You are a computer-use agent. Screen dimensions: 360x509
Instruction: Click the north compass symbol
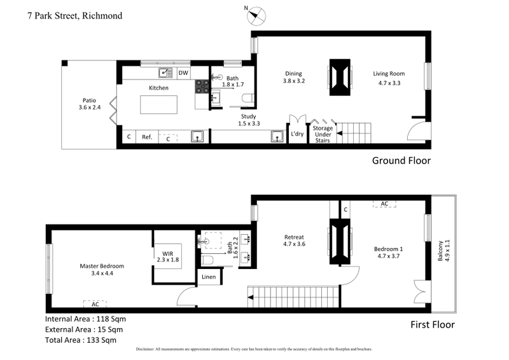(x=255, y=15)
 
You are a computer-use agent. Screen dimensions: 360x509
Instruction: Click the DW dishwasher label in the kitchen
(x=183, y=73)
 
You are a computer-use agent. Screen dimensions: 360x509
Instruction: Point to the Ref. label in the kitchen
(x=146, y=137)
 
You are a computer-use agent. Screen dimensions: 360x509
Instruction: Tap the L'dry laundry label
(x=297, y=134)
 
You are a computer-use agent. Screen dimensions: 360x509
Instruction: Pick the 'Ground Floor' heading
(x=401, y=161)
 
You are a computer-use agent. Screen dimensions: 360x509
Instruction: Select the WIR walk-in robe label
(x=168, y=256)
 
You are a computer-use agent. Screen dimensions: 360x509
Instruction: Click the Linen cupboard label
(x=209, y=277)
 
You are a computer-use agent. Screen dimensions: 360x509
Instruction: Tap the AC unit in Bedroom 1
(x=384, y=204)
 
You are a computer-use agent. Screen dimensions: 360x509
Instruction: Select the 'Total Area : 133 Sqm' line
(x=81, y=340)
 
